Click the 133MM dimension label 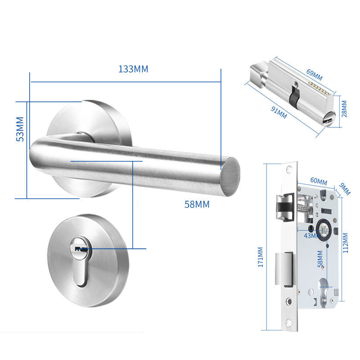(x=133, y=69)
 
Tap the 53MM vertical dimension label (x=20, y=129)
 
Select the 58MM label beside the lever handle (x=197, y=204)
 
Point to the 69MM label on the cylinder (x=314, y=75)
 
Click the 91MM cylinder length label (x=279, y=112)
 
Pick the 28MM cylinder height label (x=344, y=109)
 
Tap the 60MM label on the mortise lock (x=319, y=181)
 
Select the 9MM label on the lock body (x=345, y=189)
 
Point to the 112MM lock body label (x=345, y=243)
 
